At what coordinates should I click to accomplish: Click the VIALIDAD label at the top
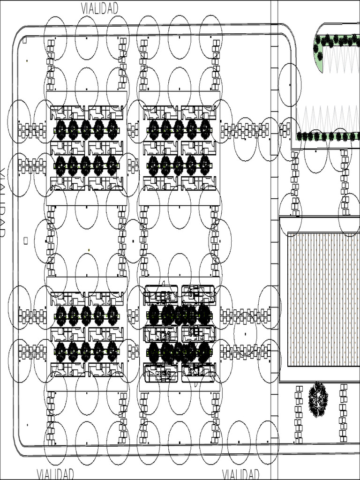(99, 8)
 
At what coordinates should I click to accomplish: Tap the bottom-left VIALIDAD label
(55, 473)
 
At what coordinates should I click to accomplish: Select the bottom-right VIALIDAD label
(240, 473)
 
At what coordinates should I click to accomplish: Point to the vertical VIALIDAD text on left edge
(4, 202)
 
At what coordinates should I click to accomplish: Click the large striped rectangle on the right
(322, 299)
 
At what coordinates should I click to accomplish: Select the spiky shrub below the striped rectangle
(318, 399)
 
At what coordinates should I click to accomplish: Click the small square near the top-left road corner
(24, 40)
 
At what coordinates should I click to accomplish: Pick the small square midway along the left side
(26, 240)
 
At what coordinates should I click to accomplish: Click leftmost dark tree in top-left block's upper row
(61, 129)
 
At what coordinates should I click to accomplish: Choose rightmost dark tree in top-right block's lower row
(205, 165)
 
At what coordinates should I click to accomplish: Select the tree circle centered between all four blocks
(133, 241)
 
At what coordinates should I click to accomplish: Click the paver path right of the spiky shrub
(343, 412)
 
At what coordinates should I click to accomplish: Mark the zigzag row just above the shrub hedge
(328, 117)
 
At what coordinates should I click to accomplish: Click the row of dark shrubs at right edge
(328, 136)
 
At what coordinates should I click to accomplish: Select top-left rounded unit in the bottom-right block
(161, 294)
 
